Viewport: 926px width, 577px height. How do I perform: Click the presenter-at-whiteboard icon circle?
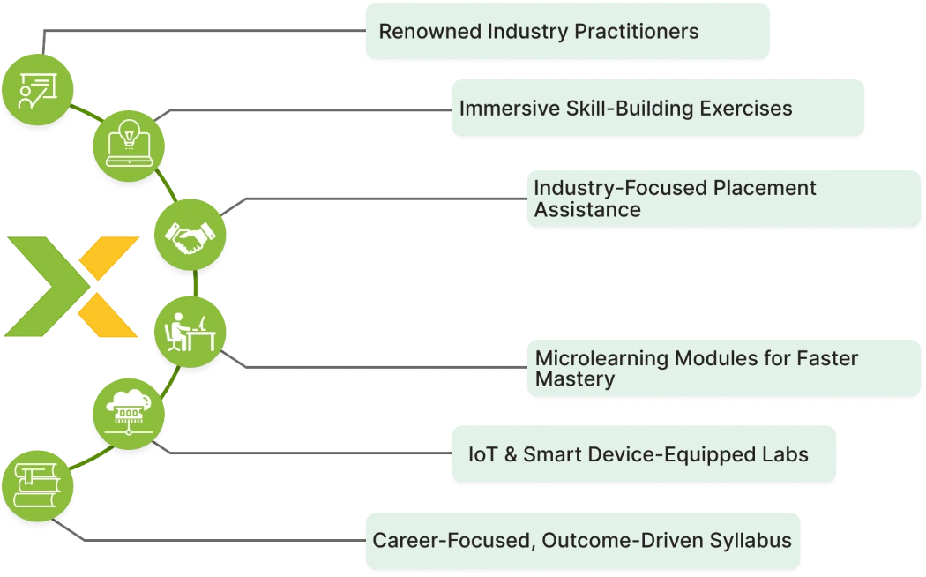click(x=38, y=90)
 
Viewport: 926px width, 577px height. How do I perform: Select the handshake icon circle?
click(x=190, y=235)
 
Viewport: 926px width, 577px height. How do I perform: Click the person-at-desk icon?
click(x=190, y=333)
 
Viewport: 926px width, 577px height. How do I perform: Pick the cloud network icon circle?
click(x=129, y=414)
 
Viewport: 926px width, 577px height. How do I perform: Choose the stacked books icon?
click(x=37, y=485)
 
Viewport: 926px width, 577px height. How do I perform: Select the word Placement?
click(x=765, y=188)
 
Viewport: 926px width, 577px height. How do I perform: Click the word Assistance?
click(x=587, y=210)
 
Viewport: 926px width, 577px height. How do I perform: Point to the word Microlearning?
click(x=601, y=358)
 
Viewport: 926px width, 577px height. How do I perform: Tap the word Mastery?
click(x=575, y=379)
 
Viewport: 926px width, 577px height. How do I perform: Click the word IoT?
click(x=483, y=454)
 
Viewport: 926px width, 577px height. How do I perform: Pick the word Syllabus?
click(x=751, y=540)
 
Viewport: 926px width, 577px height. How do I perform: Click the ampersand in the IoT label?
click(x=511, y=454)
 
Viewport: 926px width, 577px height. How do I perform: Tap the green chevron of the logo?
click(x=48, y=287)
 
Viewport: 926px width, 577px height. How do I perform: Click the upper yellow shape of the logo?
click(x=109, y=259)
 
